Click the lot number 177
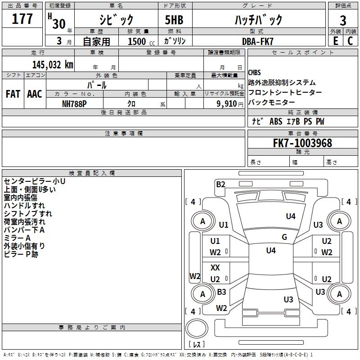click(x=22, y=19)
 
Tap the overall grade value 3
click(x=343, y=21)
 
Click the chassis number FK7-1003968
click(x=302, y=143)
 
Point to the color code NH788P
click(x=75, y=103)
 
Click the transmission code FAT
click(x=13, y=94)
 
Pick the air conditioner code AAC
click(x=34, y=94)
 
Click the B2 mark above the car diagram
click(x=220, y=184)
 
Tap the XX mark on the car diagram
click(x=216, y=268)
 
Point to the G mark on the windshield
click(x=284, y=237)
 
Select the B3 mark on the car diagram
click(x=221, y=292)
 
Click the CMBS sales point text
click(x=254, y=73)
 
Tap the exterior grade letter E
click(x=335, y=41)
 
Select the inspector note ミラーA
click(x=17, y=238)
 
